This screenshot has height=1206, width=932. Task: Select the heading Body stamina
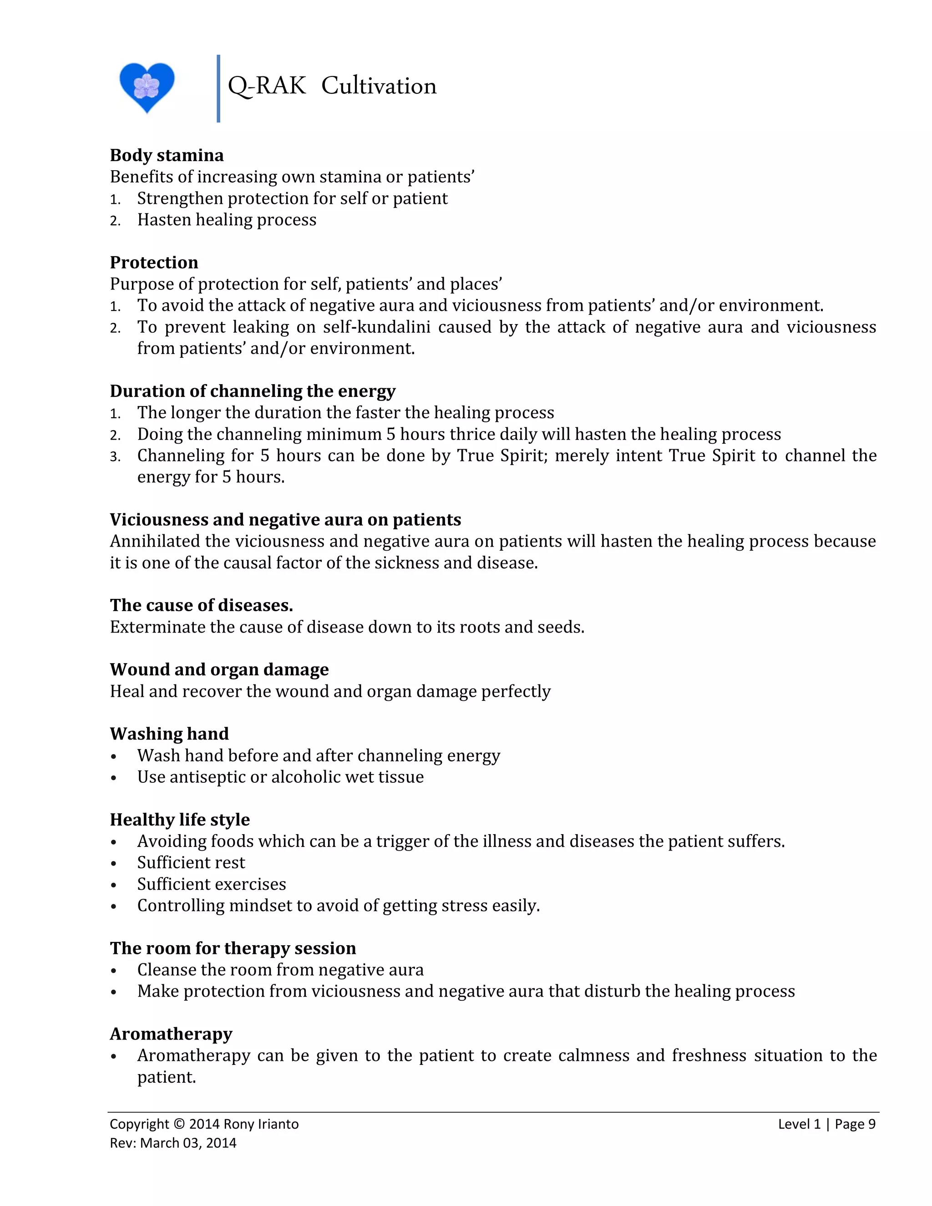point(167,155)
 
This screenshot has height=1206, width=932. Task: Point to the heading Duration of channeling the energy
point(252,391)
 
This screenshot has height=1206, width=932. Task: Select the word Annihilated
point(155,541)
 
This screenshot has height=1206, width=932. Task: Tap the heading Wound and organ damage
point(219,669)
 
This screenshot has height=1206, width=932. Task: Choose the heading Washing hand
point(169,734)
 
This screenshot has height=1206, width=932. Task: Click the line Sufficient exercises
point(212,884)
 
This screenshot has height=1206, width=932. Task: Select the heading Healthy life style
point(179,820)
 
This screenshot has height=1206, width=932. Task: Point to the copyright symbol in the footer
point(179,1124)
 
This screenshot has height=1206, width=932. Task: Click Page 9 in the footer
point(855,1124)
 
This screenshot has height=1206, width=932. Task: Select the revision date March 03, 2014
point(188,1143)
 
